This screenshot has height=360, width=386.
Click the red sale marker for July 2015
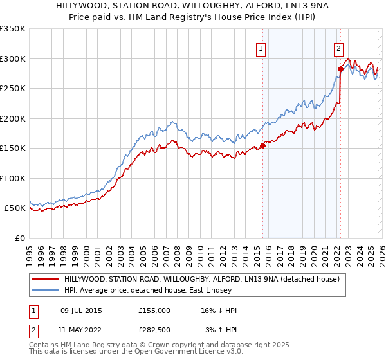pyautogui.click(x=262, y=145)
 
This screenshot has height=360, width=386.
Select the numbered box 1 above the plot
pyautogui.click(x=261, y=48)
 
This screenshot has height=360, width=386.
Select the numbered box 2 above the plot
pyautogui.click(x=338, y=48)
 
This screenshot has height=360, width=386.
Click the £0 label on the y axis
pyautogui.click(x=19, y=238)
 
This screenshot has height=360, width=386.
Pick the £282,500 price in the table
pyautogui.click(x=154, y=330)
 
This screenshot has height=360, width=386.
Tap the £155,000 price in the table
pyautogui.click(x=154, y=310)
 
